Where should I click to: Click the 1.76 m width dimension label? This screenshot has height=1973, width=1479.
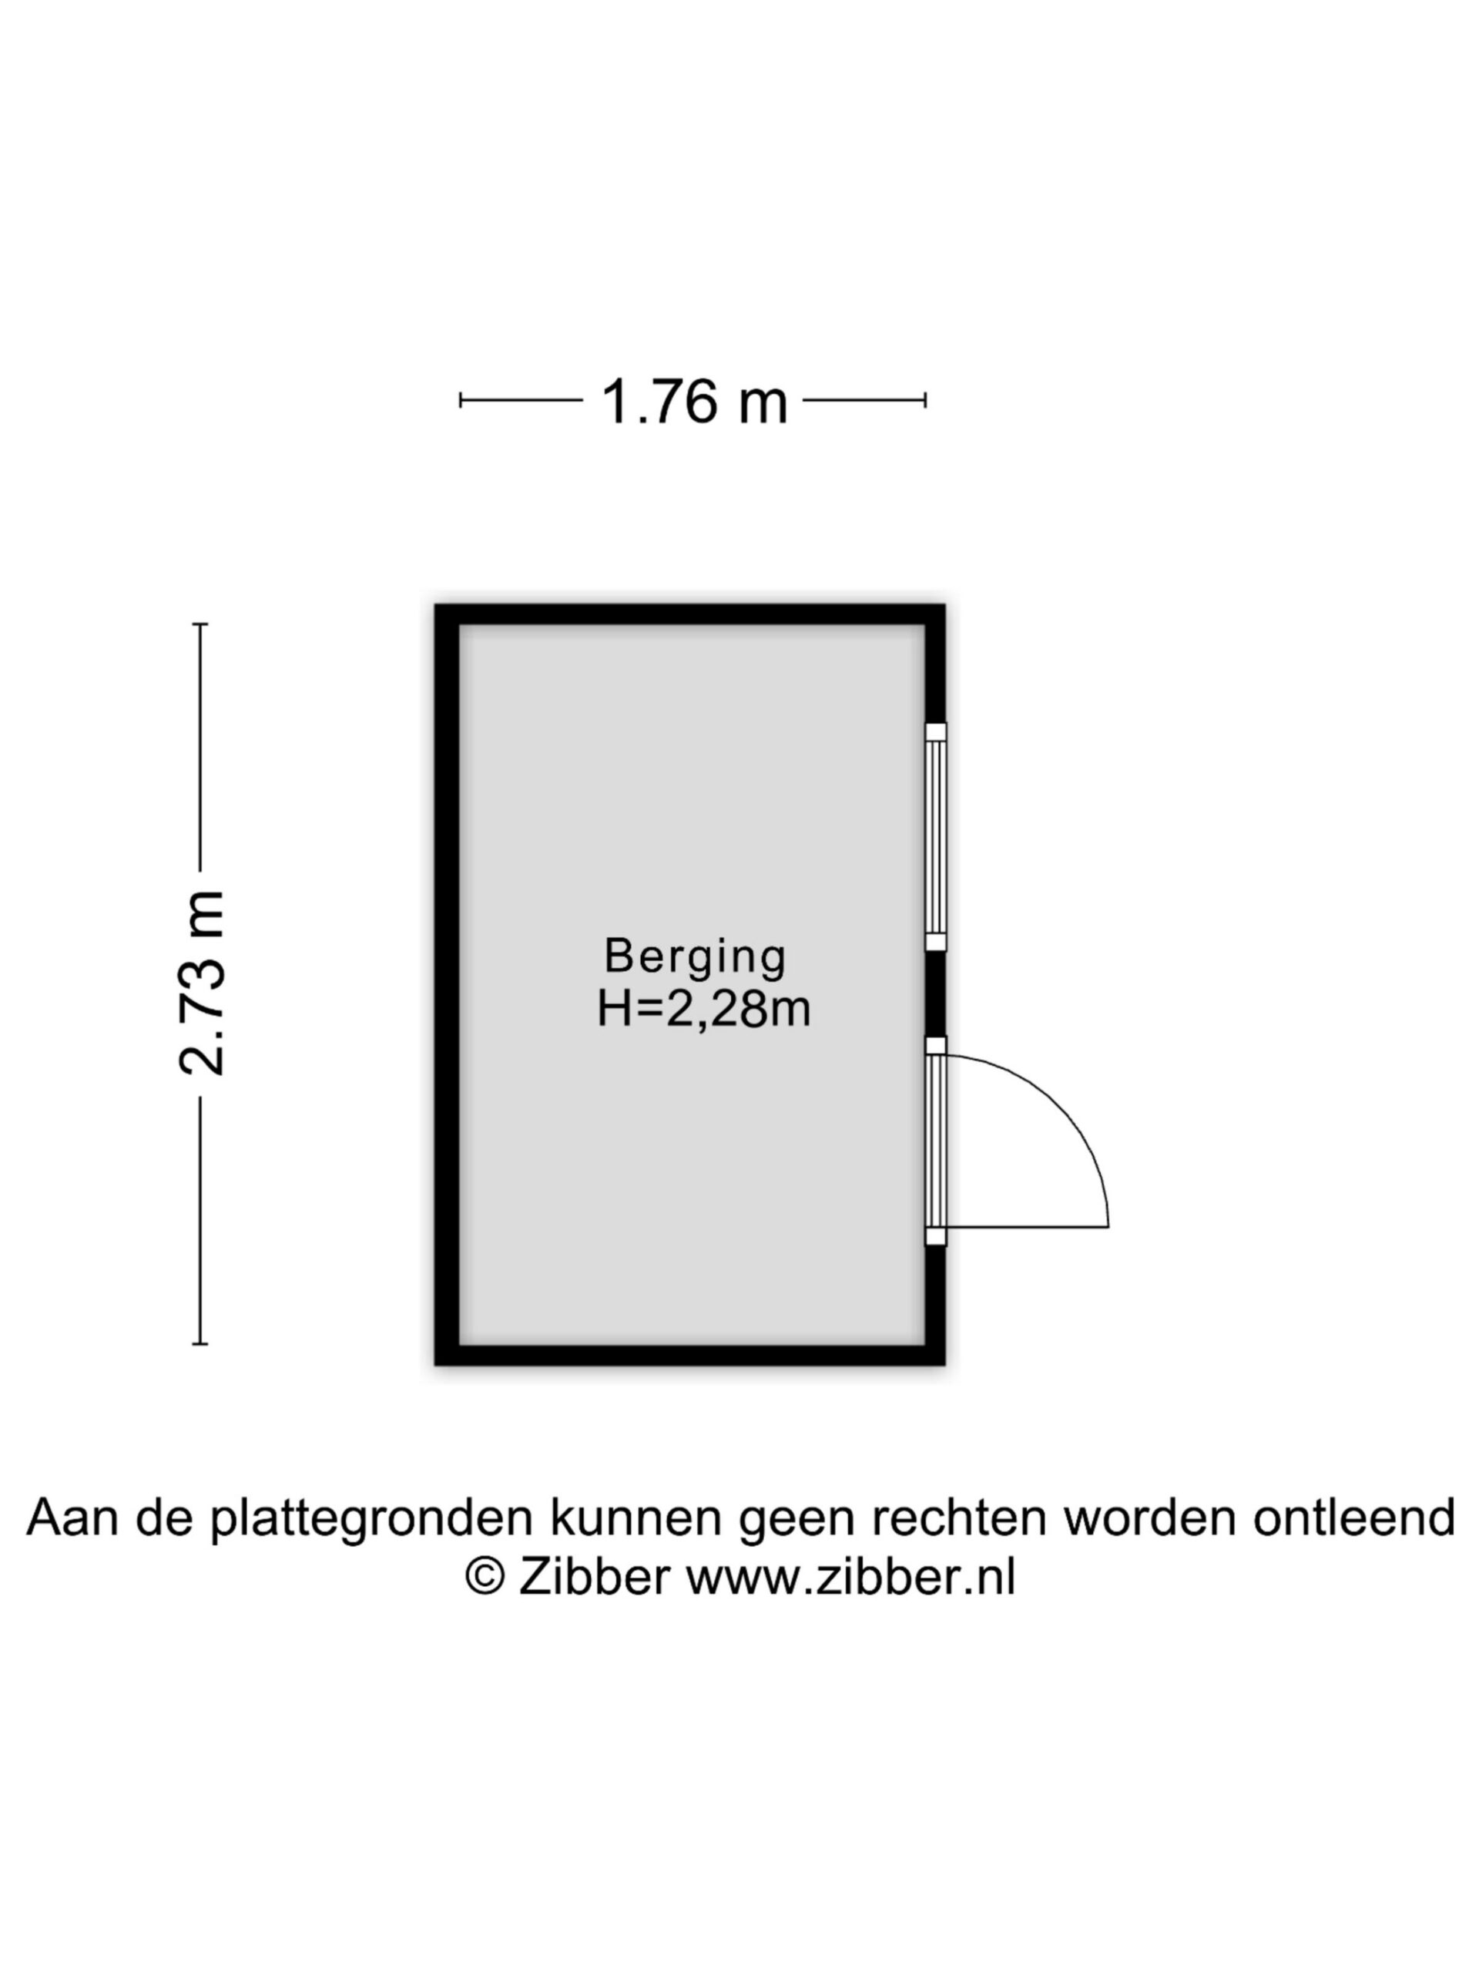[x=695, y=402]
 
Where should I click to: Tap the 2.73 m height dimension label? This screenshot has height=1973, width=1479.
[x=202, y=982]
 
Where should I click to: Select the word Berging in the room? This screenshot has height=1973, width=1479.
[x=695, y=956]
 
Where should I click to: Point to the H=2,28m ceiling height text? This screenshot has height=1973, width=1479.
[x=703, y=1010]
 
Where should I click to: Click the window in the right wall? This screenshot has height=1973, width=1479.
[x=935, y=837]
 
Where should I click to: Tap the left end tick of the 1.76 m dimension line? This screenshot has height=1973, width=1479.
[x=460, y=401]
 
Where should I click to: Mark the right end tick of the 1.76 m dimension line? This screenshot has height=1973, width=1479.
[x=925, y=401]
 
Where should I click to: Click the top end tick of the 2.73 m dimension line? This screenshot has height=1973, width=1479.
[x=200, y=624]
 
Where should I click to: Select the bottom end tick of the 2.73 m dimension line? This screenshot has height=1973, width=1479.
[x=200, y=1343]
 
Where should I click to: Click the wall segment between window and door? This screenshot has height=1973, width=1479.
[x=935, y=994]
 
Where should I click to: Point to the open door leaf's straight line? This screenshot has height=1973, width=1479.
[x=1027, y=1227]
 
